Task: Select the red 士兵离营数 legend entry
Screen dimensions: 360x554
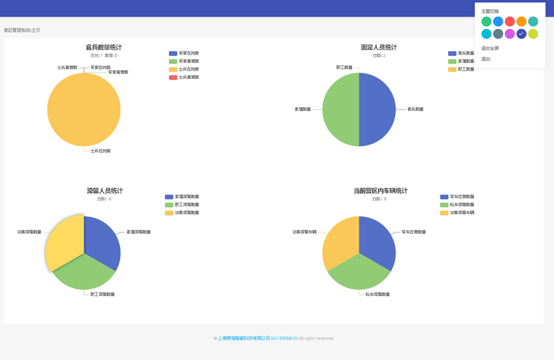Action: tap(184, 77)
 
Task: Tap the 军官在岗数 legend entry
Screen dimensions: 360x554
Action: tap(184, 53)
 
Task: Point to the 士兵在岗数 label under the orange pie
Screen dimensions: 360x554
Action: tap(100, 150)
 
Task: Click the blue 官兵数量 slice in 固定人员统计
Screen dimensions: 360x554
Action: tap(377, 109)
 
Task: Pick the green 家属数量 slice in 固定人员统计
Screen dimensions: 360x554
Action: tap(341, 109)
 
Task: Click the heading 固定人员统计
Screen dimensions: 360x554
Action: tap(379, 47)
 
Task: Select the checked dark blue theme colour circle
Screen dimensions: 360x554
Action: tap(521, 34)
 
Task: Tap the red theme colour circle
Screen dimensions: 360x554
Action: tap(510, 21)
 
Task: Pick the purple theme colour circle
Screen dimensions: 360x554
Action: tap(510, 34)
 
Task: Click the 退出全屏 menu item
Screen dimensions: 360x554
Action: tap(490, 48)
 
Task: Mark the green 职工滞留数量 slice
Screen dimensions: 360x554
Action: tap(84, 273)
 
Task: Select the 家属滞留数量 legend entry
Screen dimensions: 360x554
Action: tap(182, 197)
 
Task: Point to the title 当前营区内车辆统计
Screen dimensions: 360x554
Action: tap(380, 190)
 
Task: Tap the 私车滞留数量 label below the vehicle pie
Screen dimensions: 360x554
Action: tap(377, 294)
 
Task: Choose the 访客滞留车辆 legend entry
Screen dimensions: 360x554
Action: tap(458, 213)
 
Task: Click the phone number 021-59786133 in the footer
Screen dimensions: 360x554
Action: tap(284, 339)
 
